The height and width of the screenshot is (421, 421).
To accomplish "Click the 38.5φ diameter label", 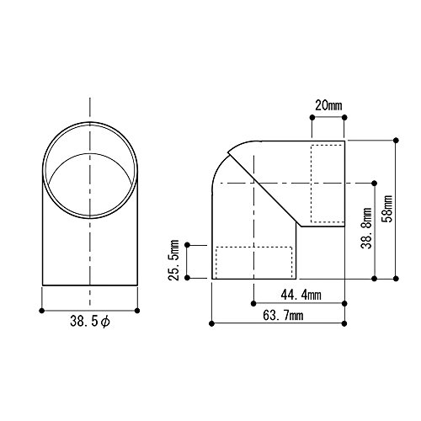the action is point(90,322).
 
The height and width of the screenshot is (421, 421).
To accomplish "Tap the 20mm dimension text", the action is point(328,106).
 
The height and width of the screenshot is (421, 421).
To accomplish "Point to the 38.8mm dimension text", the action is point(366,228).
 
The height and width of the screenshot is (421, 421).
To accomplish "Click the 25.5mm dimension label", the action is point(173,260).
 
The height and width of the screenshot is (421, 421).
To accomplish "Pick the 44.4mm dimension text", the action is point(301,295).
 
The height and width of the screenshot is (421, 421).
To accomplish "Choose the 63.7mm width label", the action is point(283,316).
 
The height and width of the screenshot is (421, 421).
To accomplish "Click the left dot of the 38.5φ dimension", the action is point(42,311).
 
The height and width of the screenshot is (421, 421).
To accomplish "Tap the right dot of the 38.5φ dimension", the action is point(137,311).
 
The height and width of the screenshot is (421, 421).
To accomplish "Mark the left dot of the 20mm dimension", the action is point(312,117).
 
